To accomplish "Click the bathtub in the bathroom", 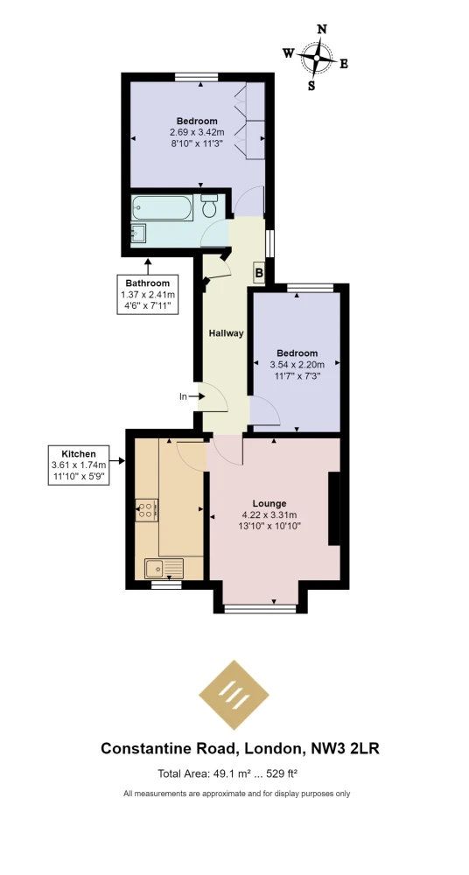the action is tap(163, 207).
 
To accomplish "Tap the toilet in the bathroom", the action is tap(210, 206).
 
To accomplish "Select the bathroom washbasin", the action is tap(139, 234).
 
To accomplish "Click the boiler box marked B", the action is tap(259, 273).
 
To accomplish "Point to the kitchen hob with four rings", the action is tap(146, 509).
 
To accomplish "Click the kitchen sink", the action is tap(164, 569).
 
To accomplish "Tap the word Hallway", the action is tap(226, 333).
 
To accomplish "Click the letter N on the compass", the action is tap(322, 30).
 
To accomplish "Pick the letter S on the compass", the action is tap(311, 86).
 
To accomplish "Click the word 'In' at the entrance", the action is tap(183, 396).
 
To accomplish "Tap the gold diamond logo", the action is tap(234, 695).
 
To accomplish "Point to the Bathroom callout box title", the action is tap(147, 283).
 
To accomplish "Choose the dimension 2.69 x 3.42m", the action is tap(197, 132).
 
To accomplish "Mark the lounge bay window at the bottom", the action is tap(260, 608).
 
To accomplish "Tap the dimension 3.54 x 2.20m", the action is tap(297, 364).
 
